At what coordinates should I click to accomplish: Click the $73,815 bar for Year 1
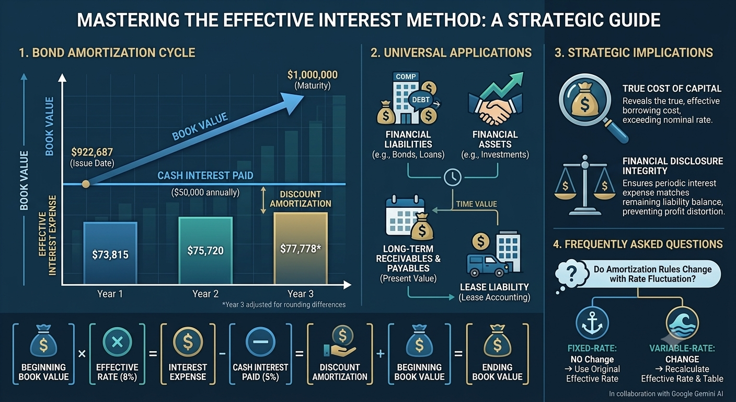[x=110, y=253]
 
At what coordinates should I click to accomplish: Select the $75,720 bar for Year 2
[x=205, y=250]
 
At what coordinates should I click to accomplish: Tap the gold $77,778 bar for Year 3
[x=301, y=248]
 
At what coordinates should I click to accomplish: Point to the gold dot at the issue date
[x=86, y=184]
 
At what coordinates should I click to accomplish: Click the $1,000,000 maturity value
[x=313, y=75]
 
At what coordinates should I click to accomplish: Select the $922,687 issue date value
[x=92, y=152]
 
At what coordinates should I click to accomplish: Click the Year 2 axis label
[x=205, y=294]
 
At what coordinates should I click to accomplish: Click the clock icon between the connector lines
[x=453, y=177]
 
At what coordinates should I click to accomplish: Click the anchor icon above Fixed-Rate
[x=592, y=323]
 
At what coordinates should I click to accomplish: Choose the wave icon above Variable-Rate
[x=682, y=323]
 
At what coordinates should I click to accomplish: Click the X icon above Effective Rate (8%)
[x=117, y=342]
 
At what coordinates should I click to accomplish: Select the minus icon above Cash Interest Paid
[x=260, y=342]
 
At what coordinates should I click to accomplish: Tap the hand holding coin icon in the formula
[x=340, y=342]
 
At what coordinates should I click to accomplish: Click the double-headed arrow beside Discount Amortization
[x=263, y=200]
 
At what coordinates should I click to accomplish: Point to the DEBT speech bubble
[x=421, y=99]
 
